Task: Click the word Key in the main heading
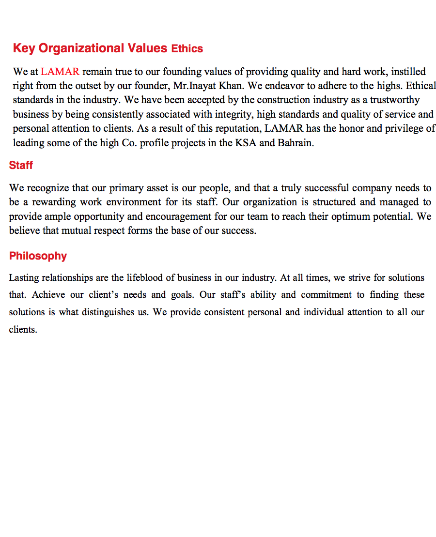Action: [24, 48]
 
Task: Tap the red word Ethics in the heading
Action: [187, 49]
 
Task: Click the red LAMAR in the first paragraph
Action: [60, 72]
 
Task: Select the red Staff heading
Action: [21, 166]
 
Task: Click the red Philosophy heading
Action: [38, 256]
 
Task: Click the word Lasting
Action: [24, 278]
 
